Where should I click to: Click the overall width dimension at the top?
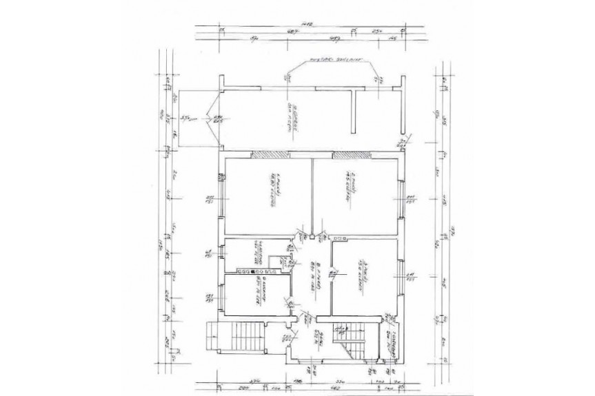click(x=307, y=24)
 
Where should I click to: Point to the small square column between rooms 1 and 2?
click(x=312, y=238)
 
